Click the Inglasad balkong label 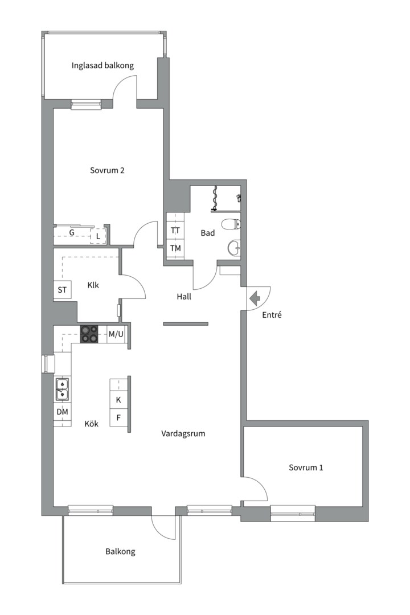click(x=102, y=65)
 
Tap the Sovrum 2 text click(x=107, y=170)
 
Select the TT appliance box click(x=175, y=230)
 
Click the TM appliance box click(x=175, y=248)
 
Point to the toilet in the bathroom click(x=231, y=224)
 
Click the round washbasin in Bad click(x=234, y=247)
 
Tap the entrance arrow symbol click(x=255, y=298)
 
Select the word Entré click(x=272, y=314)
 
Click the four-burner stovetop click(x=89, y=334)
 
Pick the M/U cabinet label click(x=116, y=334)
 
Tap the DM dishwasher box click(x=63, y=412)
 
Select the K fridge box click(x=118, y=400)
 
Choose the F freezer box click(x=118, y=418)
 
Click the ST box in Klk click(x=62, y=290)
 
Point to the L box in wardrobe click(x=98, y=236)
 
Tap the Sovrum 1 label click(x=306, y=468)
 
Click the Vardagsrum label click(x=183, y=434)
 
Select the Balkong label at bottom click(x=121, y=552)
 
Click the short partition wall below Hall click(x=186, y=323)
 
